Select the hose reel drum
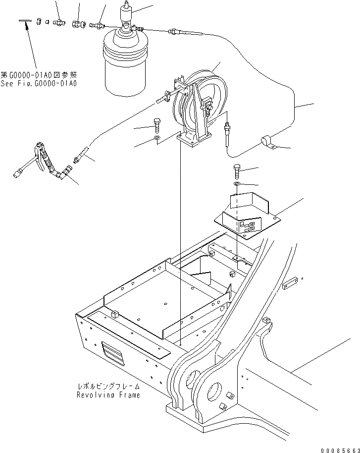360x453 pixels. tap(198, 99)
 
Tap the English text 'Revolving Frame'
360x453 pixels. tap(108, 395)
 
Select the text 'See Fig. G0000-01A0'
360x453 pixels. tap(38, 83)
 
